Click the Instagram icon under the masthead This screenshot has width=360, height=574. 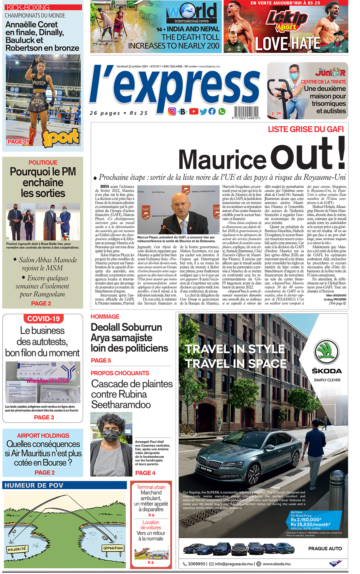[x=172, y=112]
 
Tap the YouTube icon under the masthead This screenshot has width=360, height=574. [x=193, y=111]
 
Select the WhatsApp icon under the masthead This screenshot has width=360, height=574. [x=222, y=111]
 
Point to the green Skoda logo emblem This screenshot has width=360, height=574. [x=327, y=352]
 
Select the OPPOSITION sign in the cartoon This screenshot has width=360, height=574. [x=113, y=548]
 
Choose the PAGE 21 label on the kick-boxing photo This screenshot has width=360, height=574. [x=18, y=141]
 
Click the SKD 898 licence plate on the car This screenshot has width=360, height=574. [x=206, y=469]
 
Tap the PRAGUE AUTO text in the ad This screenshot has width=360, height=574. [x=325, y=548]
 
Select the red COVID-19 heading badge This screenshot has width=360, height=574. [x=43, y=319]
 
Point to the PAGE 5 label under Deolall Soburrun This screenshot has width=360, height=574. [x=101, y=361]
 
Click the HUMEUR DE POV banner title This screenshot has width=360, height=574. [x=34, y=485]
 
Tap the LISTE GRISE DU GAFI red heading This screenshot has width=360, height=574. [x=306, y=129]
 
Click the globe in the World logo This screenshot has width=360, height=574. [x=188, y=11]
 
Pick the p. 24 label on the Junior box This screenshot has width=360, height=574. [x=276, y=113]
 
